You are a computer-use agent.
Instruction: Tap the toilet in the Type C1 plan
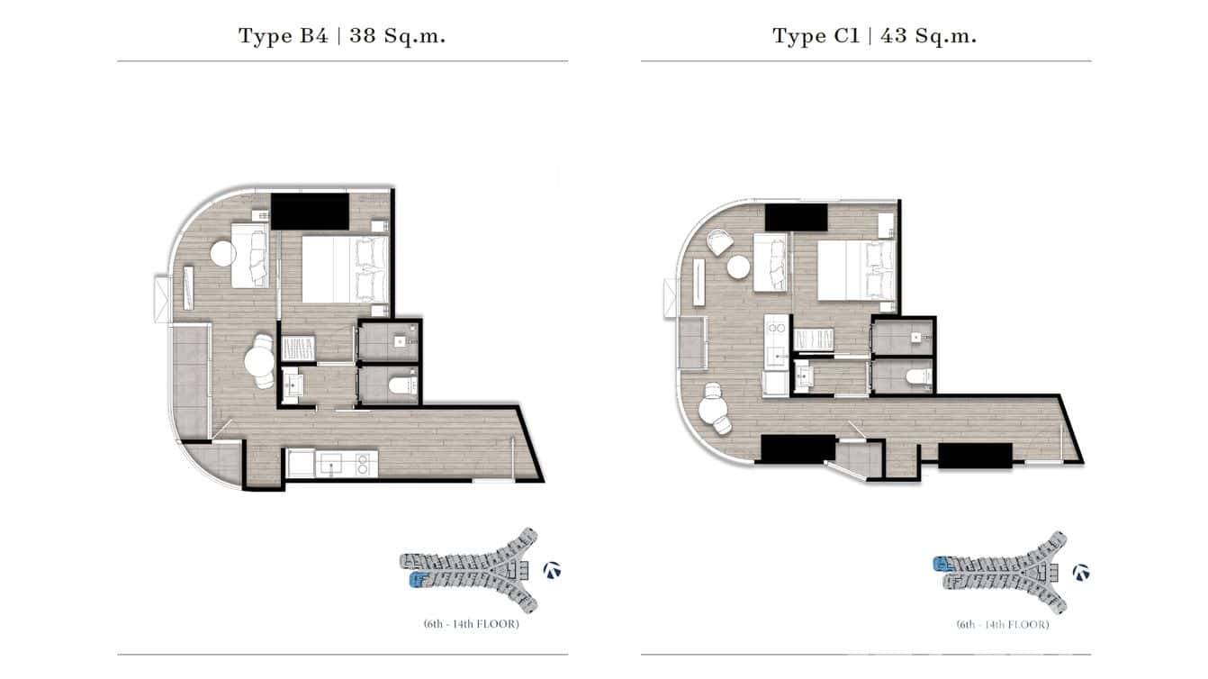click(916, 376)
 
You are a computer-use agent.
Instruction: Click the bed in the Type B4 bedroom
click(344, 268)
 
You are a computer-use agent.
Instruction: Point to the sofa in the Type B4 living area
click(250, 256)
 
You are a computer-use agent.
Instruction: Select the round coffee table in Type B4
click(222, 253)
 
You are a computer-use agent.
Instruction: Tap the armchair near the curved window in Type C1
click(718, 241)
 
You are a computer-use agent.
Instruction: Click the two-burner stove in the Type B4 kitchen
click(364, 465)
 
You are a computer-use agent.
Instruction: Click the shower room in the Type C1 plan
click(903, 339)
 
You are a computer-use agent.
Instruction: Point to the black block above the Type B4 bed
click(310, 212)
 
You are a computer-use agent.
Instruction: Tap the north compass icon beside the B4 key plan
click(553, 570)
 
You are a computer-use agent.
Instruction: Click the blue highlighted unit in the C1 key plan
click(942, 565)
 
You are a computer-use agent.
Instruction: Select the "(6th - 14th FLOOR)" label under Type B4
click(471, 624)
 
